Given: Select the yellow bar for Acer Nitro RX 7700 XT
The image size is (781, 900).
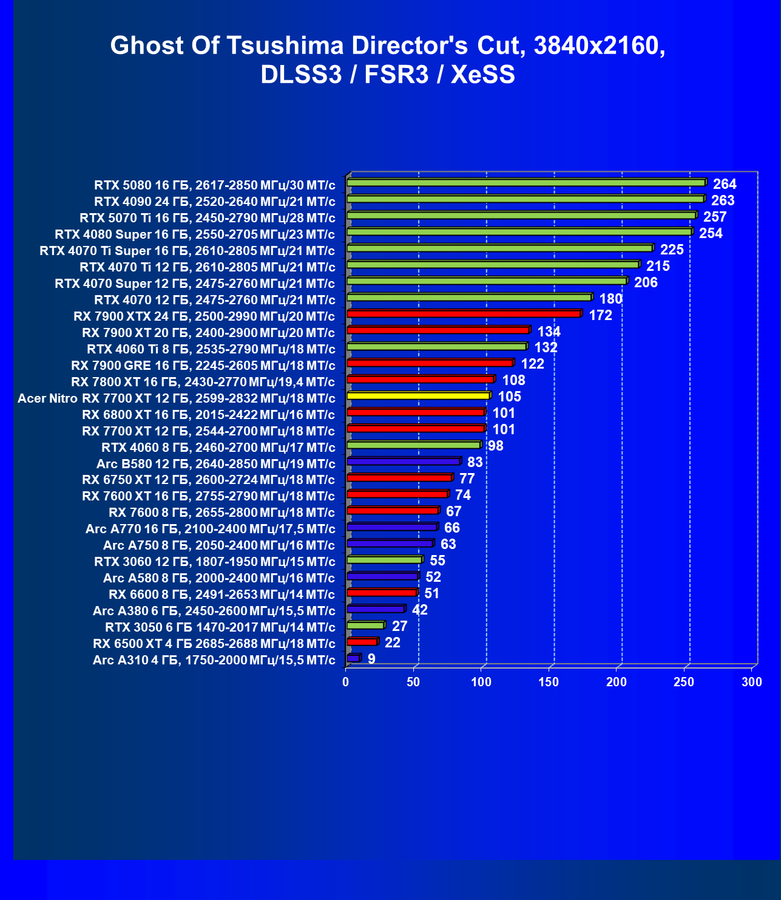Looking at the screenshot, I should [x=418, y=396].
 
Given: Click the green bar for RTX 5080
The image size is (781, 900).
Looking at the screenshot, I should [x=526, y=183].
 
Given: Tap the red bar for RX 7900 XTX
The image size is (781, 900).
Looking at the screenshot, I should [x=464, y=314].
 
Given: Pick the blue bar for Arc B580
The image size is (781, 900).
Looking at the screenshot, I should [x=404, y=462].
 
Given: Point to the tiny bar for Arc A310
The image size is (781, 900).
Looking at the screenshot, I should [x=353, y=658].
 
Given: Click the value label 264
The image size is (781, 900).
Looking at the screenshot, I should [x=725, y=184].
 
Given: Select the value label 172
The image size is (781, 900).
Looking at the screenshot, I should [x=600, y=315].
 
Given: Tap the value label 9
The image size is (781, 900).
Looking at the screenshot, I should [x=371, y=659].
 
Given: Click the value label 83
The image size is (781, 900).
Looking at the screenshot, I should [x=475, y=462].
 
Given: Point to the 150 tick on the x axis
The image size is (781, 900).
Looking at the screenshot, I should [x=549, y=682].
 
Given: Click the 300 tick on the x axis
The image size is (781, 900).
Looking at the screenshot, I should [x=752, y=682].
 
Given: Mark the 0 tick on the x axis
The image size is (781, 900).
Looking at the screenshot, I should [x=346, y=682].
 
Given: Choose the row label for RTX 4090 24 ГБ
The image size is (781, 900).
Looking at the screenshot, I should [x=214, y=201].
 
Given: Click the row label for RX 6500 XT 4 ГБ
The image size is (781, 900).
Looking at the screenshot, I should [x=214, y=644].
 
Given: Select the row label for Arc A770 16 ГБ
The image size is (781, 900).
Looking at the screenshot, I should [x=210, y=529].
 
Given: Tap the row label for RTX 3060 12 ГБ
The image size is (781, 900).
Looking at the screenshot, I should [x=214, y=562].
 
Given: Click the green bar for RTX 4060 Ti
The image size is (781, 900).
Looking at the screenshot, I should [x=436, y=347].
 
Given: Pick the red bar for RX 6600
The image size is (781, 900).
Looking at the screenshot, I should [x=382, y=593].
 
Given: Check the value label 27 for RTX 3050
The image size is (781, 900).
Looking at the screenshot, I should [x=399, y=626].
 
